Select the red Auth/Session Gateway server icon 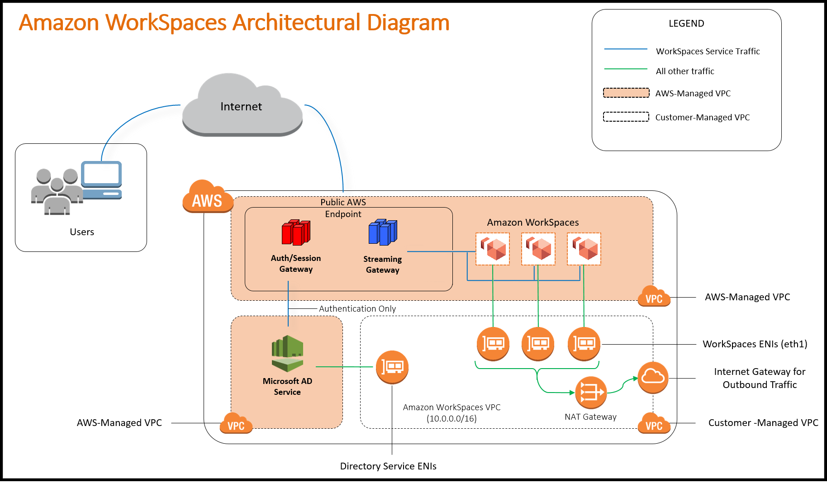[296, 232]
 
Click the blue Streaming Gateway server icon [383, 232]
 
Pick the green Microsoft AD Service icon [287, 353]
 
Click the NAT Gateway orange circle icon [590, 392]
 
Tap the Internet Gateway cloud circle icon [653, 377]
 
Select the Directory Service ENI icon [392, 367]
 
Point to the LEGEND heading [686, 24]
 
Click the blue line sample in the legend [626, 49]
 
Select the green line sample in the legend [626, 69]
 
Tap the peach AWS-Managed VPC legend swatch [626, 93]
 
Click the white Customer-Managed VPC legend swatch [626, 117]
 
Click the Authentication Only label [357, 308]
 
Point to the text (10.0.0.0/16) [452, 418]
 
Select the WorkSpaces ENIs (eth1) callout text [755, 344]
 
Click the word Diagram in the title [408, 23]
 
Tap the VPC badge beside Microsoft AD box [236, 424]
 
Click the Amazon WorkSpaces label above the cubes [533, 223]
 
